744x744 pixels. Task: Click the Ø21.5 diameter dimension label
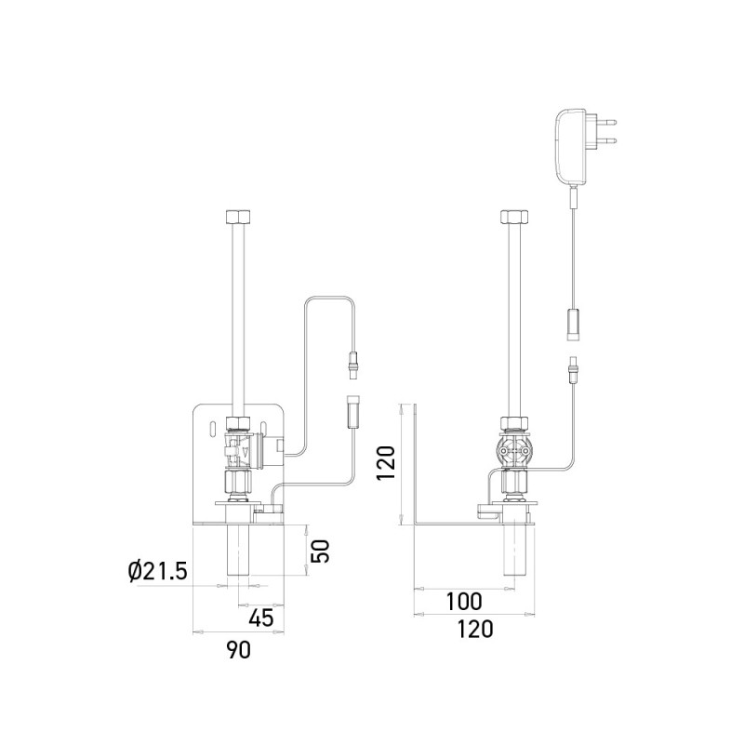click(157, 569)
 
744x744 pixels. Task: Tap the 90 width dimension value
click(240, 650)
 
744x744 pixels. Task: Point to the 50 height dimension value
click(319, 551)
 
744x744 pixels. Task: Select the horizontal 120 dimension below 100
click(474, 630)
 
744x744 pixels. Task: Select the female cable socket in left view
click(353, 411)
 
